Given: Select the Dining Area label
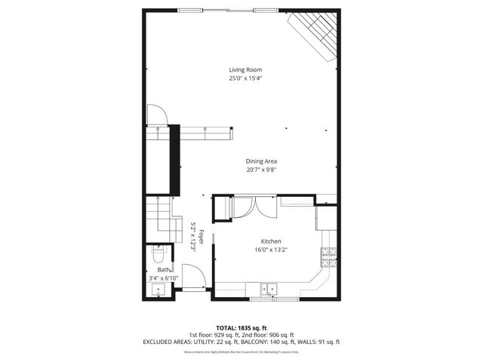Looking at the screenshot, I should (261, 161).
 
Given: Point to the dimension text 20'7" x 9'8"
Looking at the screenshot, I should (261, 170).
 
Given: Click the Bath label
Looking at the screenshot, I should (163, 269).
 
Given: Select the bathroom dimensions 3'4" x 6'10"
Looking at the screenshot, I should (163, 278).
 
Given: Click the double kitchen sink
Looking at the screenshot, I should (269, 288).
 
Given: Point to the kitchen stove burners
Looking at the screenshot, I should (328, 259).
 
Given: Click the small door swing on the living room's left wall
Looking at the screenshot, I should (156, 114).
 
